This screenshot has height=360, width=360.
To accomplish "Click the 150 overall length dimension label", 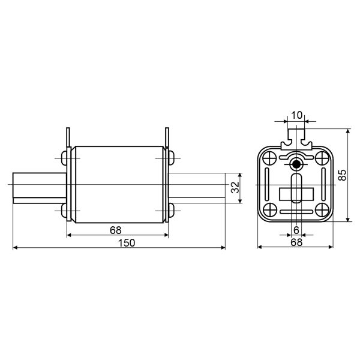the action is tap(127, 243).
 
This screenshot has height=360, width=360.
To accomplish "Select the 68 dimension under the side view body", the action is tap(115, 230).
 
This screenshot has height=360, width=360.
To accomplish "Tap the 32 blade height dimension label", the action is tap(235, 187).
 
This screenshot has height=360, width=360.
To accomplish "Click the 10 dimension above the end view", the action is tap(296, 115).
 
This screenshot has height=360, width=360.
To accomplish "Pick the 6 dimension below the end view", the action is tap(296, 230).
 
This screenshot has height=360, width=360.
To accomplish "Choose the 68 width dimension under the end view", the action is tap(296, 242).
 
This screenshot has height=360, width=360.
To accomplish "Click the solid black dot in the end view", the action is tap(296, 164).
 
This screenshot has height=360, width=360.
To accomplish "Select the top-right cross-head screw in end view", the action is tap(322, 158).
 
